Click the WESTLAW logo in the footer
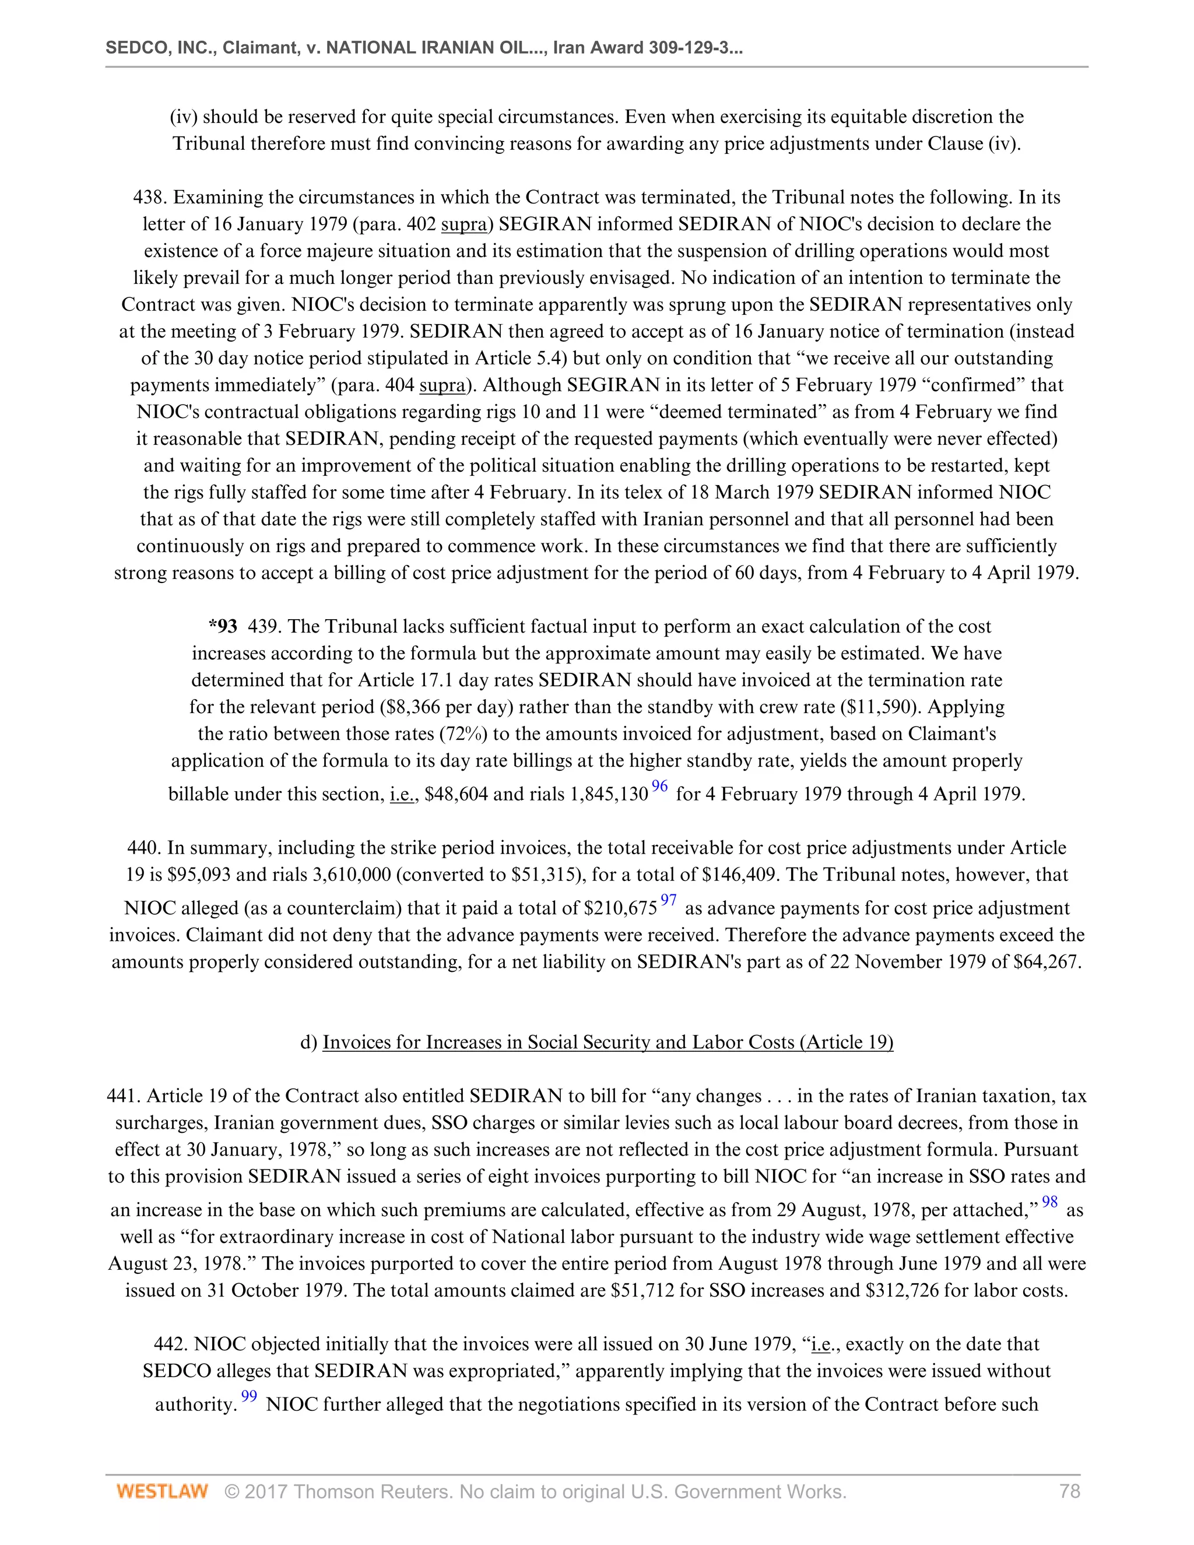(162, 1492)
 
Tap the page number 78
(1069, 1492)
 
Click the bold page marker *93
(223, 627)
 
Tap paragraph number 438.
(149, 198)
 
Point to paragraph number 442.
(170, 1344)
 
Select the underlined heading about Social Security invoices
(607, 1042)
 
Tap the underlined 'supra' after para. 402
(464, 224)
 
